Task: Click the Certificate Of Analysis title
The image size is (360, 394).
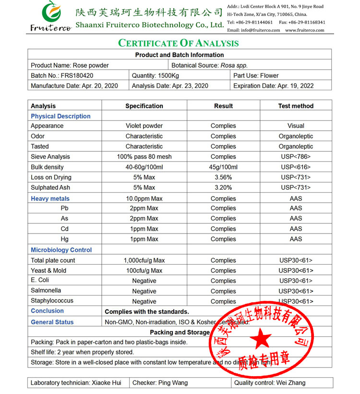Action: [179, 43]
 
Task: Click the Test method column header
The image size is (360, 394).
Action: [296, 106]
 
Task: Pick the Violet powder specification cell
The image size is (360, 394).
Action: [144, 126]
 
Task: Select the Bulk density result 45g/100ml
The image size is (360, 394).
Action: [223, 167]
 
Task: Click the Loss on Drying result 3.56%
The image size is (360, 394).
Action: [223, 177]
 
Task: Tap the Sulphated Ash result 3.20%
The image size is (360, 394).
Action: [223, 187]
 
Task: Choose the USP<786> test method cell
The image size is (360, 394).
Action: [296, 157]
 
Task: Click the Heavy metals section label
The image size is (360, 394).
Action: [50, 198]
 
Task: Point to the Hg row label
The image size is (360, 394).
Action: [64, 239]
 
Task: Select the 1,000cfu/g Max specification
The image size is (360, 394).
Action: [144, 260]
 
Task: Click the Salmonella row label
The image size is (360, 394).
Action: [46, 291]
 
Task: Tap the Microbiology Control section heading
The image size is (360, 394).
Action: [61, 250]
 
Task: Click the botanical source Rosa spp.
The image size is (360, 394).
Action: [234, 65]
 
